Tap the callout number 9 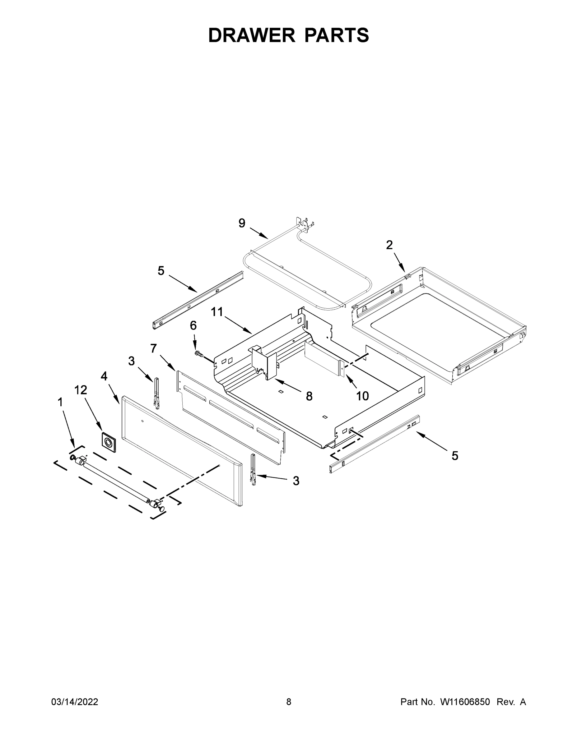[242, 223]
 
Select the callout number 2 [389, 245]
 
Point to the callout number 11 [217, 311]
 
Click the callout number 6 [193, 325]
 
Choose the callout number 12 [81, 390]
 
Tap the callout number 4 [104, 376]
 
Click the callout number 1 [60, 403]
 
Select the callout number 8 [309, 396]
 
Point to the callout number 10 [362, 396]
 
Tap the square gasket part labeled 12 [108, 443]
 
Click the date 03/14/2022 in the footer [75, 702]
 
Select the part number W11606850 [465, 702]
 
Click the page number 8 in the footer [289, 702]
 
